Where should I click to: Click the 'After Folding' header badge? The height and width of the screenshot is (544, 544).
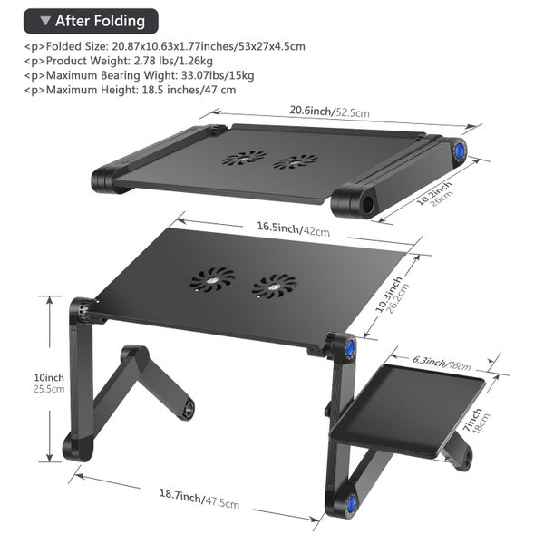[x=91, y=21]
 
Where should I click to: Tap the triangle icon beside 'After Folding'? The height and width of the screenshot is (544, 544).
[x=45, y=21]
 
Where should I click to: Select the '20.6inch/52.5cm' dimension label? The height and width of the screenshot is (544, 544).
[x=330, y=112]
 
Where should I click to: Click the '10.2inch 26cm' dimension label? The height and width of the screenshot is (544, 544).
[x=434, y=194]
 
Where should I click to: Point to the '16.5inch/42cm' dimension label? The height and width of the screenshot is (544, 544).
[x=293, y=229]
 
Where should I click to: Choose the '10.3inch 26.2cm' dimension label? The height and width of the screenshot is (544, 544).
[x=393, y=295]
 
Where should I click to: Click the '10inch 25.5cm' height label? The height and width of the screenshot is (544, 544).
[x=49, y=383]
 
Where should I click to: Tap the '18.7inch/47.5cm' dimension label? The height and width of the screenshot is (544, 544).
[x=199, y=499]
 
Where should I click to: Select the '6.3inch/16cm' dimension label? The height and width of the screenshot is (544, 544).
[x=442, y=363]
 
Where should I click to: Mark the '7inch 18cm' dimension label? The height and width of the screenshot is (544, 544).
[x=477, y=421]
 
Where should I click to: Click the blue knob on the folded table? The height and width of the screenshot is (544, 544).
[x=460, y=151]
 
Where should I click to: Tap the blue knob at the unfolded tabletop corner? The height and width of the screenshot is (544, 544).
[x=350, y=347]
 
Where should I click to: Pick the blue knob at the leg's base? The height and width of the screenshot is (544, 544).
[x=352, y=502]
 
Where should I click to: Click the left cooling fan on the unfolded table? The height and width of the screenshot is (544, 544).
[x=212, y=279]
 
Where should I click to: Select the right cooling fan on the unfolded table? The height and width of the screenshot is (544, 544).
[x=274, y=287]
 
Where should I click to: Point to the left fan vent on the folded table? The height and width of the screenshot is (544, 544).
[x=244, y=158]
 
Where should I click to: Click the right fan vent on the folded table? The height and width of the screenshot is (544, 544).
[x=296, y=162]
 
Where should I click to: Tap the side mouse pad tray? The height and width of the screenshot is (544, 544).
[x=407, y=411]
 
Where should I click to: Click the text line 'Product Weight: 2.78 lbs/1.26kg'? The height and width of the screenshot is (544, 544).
[x=118, y=61]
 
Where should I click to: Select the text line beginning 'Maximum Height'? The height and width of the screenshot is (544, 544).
[x=130, y=90]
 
